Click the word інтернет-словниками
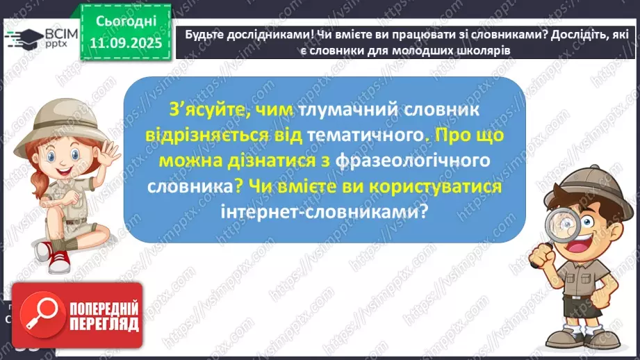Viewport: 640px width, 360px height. coord(323,211)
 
